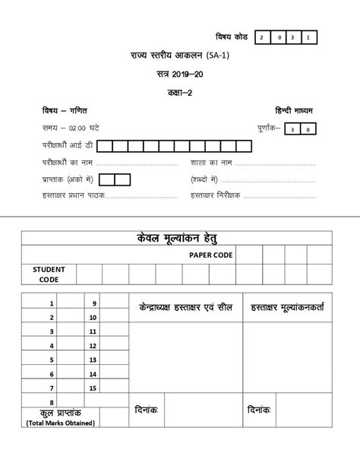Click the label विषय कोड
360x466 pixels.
[232, 36]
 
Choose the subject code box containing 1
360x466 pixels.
[310, 36]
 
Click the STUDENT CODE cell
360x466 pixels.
[49, 274]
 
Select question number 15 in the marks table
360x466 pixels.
[93, 388]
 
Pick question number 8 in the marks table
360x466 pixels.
[51, 402]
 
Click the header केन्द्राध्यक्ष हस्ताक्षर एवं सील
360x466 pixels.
[185, 307]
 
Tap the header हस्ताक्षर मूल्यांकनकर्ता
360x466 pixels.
[291, 307]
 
